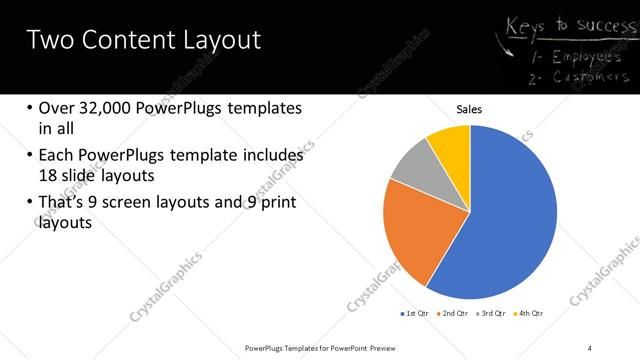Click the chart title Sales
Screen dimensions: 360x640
[x=469, y=109]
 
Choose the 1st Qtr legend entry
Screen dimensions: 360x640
[x=417, y=314]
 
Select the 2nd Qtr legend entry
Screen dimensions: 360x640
[x=455, y=314]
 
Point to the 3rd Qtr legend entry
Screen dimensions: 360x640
[x=494, y=314]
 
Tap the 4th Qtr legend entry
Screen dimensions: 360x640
[x=530, y=314]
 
